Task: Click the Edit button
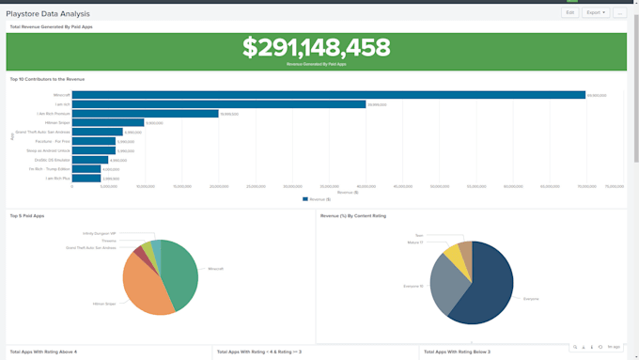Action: tap(569, 12)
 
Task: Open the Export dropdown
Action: tap(595, 12)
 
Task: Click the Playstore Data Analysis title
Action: tap(48, 14)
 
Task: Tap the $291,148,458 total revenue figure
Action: tap(316, 48)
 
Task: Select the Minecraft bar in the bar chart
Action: tap(329, 95)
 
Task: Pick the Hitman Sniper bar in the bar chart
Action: tap(108, 122)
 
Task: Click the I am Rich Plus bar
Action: tap(86, 178)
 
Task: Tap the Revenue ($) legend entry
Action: tap(316, 198)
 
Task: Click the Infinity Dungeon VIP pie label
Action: tap(100, 233)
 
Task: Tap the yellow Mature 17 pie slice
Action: tap(453, 255)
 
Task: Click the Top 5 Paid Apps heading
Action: tap(27, 215)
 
